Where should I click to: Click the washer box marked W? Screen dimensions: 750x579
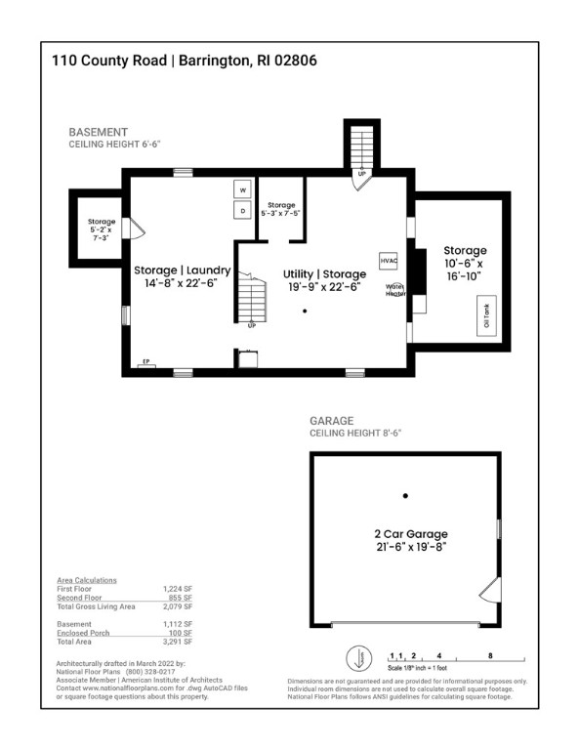(x=242, y=189)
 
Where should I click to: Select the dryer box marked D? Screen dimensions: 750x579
(x=242, y=210)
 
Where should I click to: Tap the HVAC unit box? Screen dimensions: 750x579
(x=388, y=261)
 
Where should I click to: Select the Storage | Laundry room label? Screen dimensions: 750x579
(x=183, y=276)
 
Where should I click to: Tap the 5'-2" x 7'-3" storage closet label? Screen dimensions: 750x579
(x=102, y=229)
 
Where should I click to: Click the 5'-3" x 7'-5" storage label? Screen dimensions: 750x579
(x=281, y=209)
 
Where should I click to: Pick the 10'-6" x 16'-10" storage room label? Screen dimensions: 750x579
(x=465, y=264)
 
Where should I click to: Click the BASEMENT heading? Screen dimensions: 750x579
(x=98, y=132)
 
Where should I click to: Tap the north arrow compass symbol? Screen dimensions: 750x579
(x=356, y=658)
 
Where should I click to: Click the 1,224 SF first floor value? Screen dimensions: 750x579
(x=177, y=590)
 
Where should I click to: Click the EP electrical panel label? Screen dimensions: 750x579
(x=146, y=362)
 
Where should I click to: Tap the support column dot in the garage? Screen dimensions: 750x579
(x=405, y=495)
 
